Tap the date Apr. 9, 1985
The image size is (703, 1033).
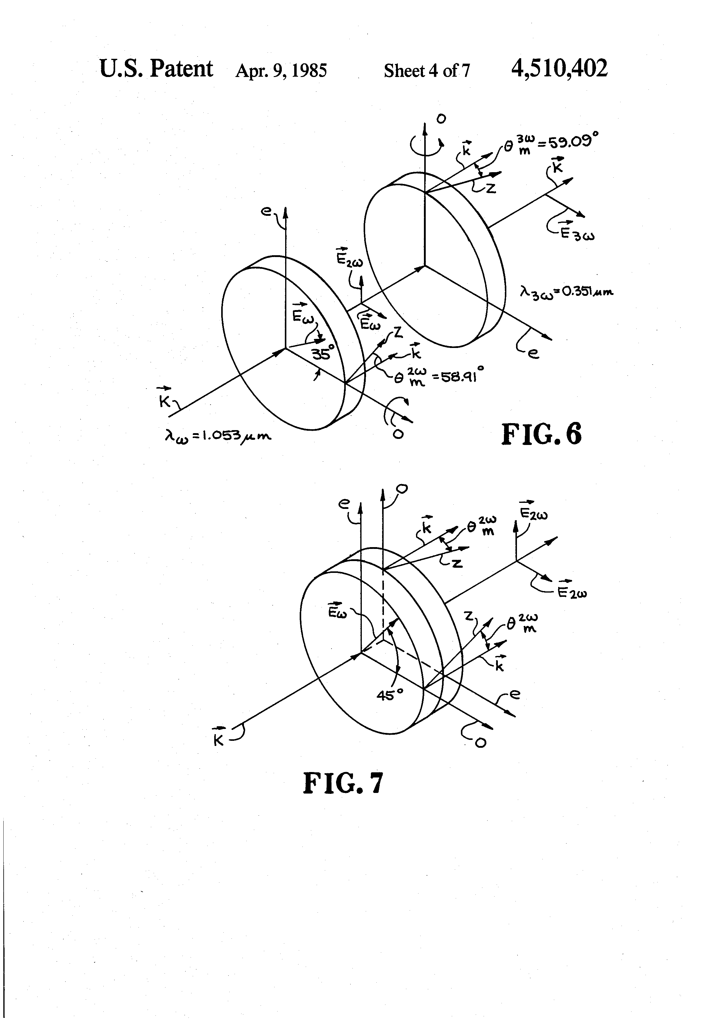click(x=281, y=70)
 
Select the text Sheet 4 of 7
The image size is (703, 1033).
click(x=427, y=70)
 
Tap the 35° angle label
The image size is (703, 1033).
click(x=322, y=354)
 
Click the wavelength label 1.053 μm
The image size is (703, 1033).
click(x=218, y=436)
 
